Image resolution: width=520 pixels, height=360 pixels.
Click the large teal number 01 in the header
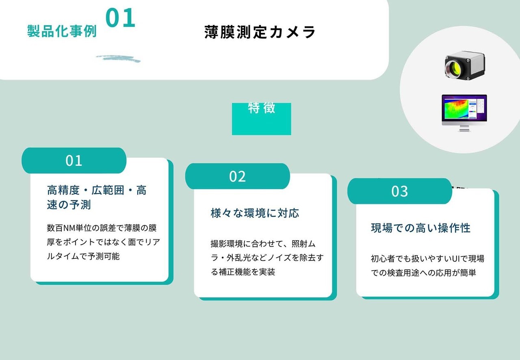click(120, 17)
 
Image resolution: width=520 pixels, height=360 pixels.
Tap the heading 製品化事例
click(62, 31)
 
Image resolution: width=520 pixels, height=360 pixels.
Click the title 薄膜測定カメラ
click(260, 32)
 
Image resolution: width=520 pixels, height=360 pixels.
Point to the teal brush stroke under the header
click(118, 59)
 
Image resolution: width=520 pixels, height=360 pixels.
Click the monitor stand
click(464, 128)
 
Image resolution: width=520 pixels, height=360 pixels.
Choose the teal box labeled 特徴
click(261, 119)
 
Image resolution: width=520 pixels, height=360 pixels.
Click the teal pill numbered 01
click(74, 160)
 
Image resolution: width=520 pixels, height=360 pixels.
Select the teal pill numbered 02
click(238, 176)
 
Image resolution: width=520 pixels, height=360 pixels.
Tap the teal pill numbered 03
click(399, 191)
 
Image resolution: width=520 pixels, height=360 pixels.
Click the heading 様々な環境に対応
click(255, 213)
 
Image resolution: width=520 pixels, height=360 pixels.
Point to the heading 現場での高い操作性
click(420, 228)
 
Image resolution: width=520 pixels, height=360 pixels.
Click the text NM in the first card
click(69, 228)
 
